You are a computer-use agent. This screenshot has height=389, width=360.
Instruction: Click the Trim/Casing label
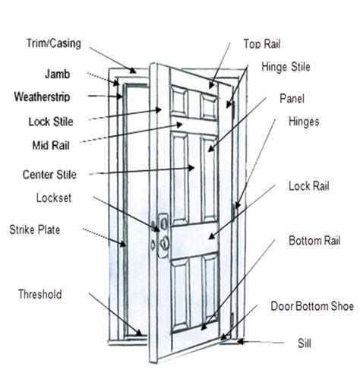54,43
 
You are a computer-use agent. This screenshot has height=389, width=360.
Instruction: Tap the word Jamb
58,74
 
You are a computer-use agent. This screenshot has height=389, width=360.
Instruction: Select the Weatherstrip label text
42,96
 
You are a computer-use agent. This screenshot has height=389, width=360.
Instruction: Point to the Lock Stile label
51,122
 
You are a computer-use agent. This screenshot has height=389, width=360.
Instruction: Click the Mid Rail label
51,146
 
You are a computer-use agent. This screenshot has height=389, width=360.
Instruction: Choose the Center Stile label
49,175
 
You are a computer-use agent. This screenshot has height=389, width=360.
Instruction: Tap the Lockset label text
54,198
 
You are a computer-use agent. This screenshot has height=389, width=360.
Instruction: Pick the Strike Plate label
35,229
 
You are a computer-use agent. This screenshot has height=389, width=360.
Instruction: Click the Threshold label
40,294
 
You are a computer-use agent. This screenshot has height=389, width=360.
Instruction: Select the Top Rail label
262,44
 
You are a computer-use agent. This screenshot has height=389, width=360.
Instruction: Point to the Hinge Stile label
286,67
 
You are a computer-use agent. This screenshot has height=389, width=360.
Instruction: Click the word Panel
292,98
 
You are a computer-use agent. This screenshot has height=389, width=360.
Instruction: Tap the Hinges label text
304,122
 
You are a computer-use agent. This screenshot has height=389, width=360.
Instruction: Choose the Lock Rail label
309,186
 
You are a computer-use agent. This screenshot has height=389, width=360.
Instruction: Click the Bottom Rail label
314,241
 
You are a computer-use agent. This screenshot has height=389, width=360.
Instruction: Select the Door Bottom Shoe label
312,306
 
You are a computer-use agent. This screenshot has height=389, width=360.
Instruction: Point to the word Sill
305,343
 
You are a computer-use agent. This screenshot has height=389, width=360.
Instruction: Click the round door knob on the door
165,242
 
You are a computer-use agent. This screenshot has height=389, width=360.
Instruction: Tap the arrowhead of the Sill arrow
240,342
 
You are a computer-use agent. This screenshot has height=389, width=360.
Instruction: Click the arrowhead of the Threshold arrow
139,333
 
